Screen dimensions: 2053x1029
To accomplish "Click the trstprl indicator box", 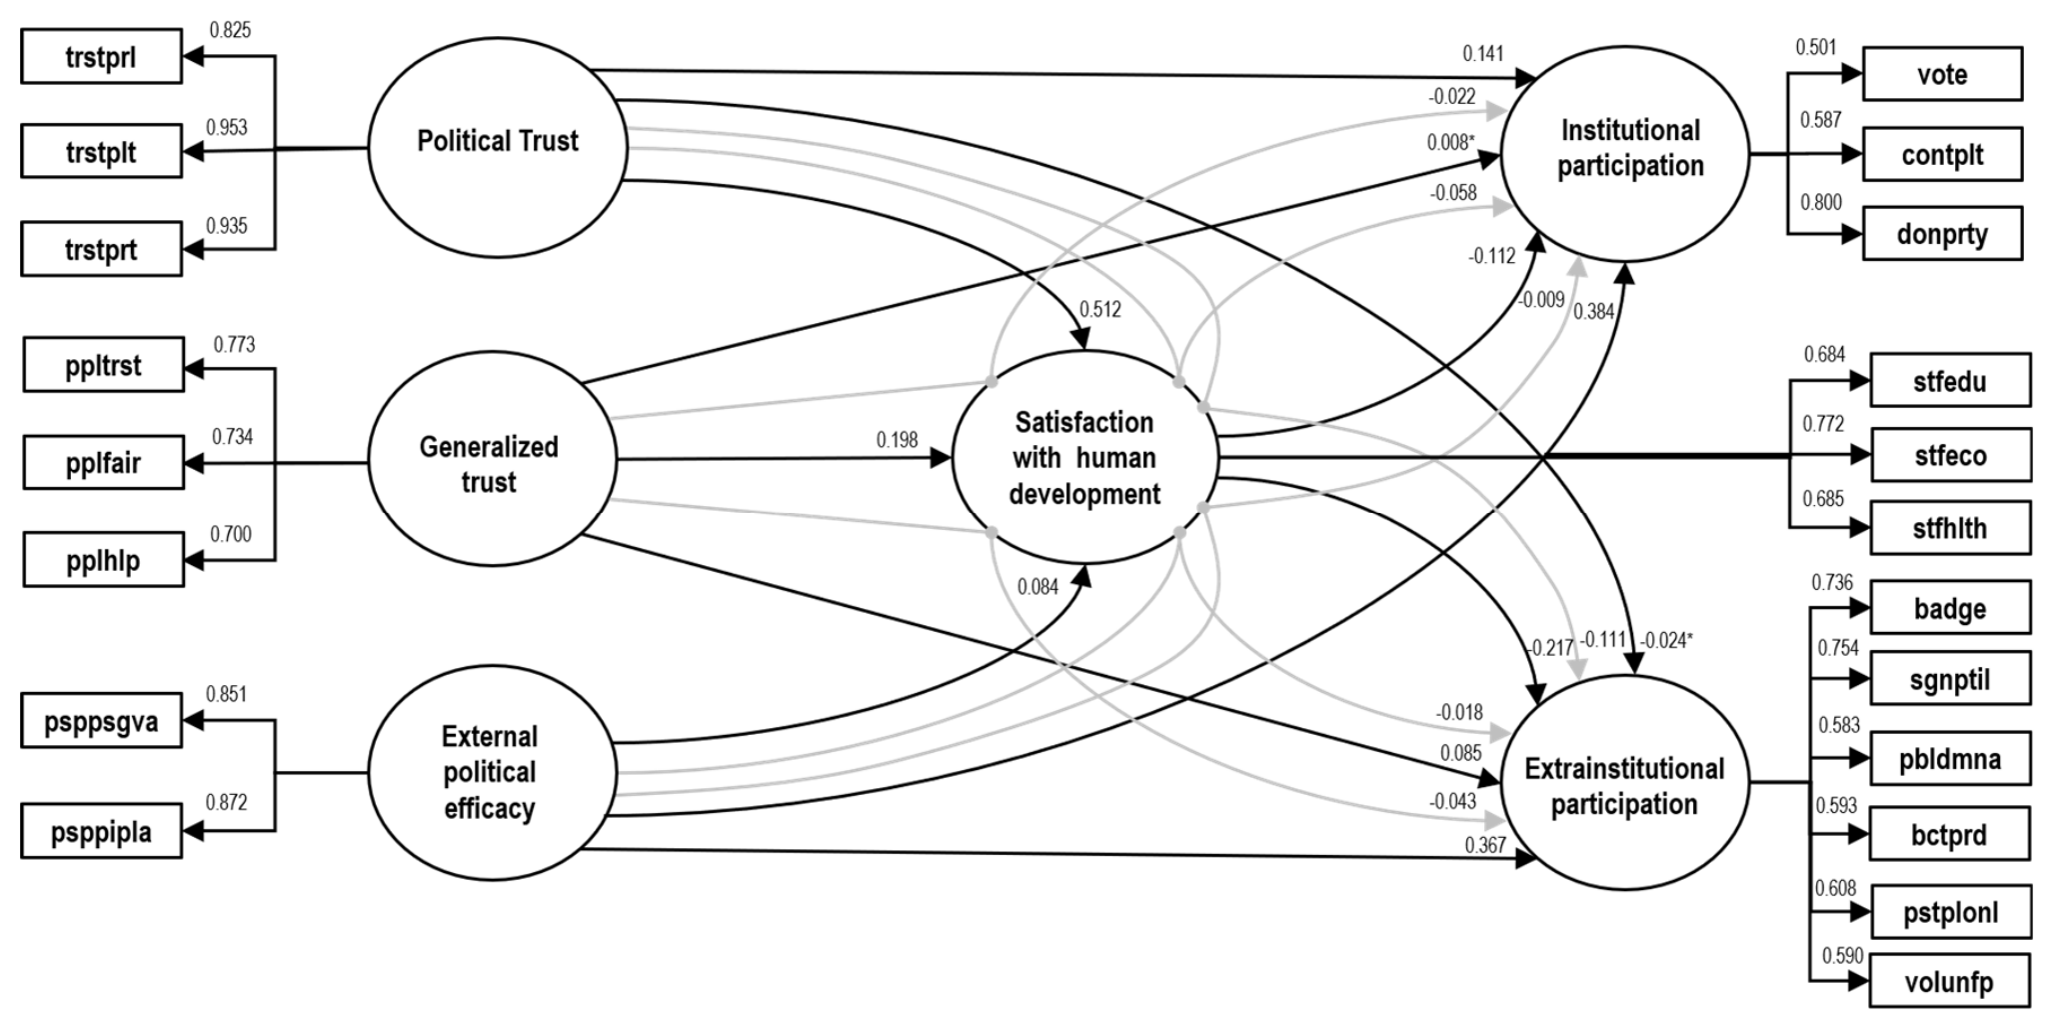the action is pos(101,56).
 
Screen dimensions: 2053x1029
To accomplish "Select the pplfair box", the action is pos(103,462).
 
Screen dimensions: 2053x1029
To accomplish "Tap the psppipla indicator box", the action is pos(101,831).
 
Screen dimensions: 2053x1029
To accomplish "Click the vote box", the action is pos(1942,74).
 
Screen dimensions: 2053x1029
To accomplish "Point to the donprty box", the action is pos(1942,233).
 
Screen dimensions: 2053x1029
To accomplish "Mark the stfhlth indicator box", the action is pos(1950,528).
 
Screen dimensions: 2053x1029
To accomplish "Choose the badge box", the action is pos(1950,608).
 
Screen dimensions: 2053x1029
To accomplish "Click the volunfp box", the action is pos(1950,981).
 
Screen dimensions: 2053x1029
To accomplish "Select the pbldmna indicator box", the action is pos(1950,758).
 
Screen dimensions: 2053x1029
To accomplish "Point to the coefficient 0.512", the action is pos(1099,310).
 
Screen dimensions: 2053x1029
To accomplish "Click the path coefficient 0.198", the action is pos(897,440).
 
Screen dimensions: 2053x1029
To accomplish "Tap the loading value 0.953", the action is pos(227,127).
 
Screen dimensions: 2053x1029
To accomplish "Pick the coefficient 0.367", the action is pos(1485,845).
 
